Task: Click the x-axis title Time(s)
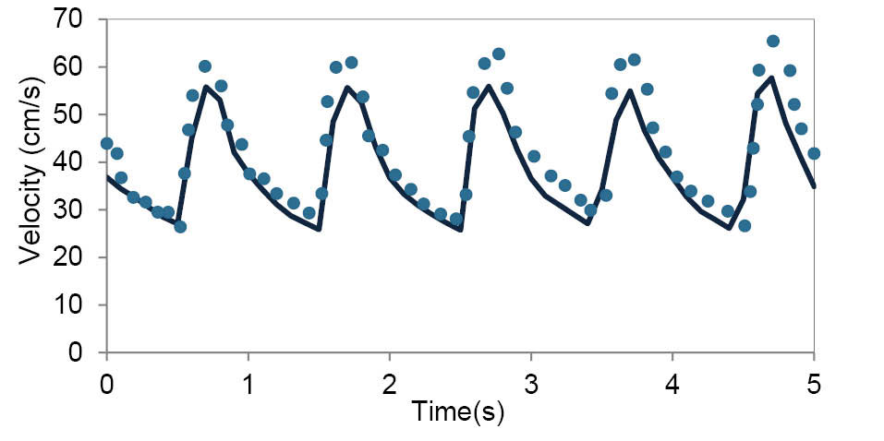click(459, 411)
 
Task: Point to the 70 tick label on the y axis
click(77, 19)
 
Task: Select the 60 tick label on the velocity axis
click(77, 67)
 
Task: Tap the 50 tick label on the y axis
click(77, 115)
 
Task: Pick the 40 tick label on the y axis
click(77, 162)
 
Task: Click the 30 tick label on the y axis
click(77, 210)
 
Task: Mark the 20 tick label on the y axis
click(77, 258)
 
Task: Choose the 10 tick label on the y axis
click(77, 305)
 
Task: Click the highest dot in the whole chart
click(773, 41)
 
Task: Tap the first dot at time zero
click(107, 143)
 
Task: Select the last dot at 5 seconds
click(814, 153)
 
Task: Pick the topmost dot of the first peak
click(205, 66)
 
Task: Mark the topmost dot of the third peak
click(499, 54)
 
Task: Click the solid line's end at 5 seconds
click(814, 186)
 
